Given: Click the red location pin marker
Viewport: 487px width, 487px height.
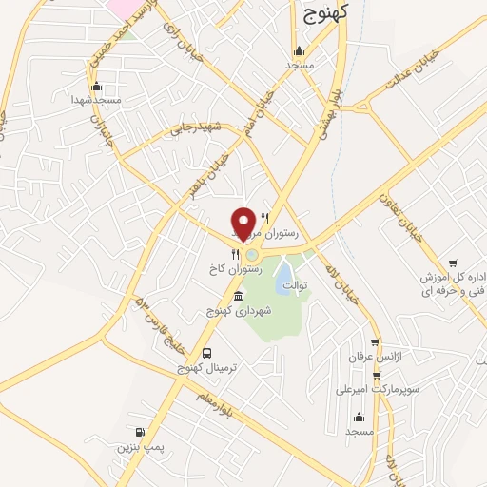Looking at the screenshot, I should (244, 224).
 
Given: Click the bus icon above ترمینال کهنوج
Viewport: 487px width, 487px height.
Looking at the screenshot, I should (206, 354).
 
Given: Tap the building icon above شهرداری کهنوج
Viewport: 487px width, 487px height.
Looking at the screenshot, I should (237, 297).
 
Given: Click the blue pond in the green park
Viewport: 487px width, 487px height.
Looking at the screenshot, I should (284, 278).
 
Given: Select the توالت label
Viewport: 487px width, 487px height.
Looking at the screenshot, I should (298, 284).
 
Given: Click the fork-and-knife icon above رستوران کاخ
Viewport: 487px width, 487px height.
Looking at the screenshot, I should (234, 254).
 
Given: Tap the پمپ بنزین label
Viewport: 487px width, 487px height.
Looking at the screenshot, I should (135, 445).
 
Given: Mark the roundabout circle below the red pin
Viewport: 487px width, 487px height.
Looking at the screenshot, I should (251, 254).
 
